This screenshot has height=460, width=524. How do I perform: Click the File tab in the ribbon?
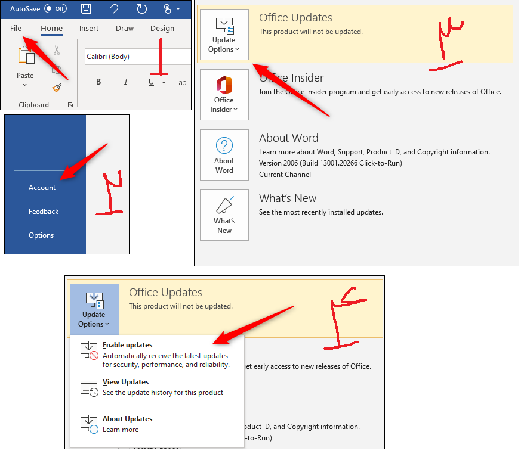[x=16, y=28]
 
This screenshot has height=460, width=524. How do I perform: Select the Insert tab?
[x=89, y=28]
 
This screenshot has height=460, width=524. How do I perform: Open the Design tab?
[x=162, y=28]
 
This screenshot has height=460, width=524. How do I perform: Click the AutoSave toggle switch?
[x=56, y=9]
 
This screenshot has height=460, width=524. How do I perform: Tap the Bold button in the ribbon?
[x=98, y=82]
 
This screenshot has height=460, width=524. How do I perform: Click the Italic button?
[x=125, y=82]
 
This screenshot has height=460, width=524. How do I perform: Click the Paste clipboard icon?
[x=26, y=57]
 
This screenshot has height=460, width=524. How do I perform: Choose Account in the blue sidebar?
[x=42, y=188]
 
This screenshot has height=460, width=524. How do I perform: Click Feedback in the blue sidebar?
[x=44, y=212]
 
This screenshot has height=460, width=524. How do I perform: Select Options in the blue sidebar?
[x=41, y=235]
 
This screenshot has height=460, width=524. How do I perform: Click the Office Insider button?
[x=224, y=94]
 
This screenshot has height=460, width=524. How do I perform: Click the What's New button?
[x=224, y=215]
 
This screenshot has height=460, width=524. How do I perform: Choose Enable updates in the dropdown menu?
[x=127, y=345]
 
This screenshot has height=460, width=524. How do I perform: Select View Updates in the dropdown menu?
[x=125, y=382]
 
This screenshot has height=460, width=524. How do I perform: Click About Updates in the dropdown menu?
[x=127, y=419]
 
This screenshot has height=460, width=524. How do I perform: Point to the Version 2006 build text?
[x=330, y=163]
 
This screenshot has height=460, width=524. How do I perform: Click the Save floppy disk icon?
[x=86, y=9]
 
